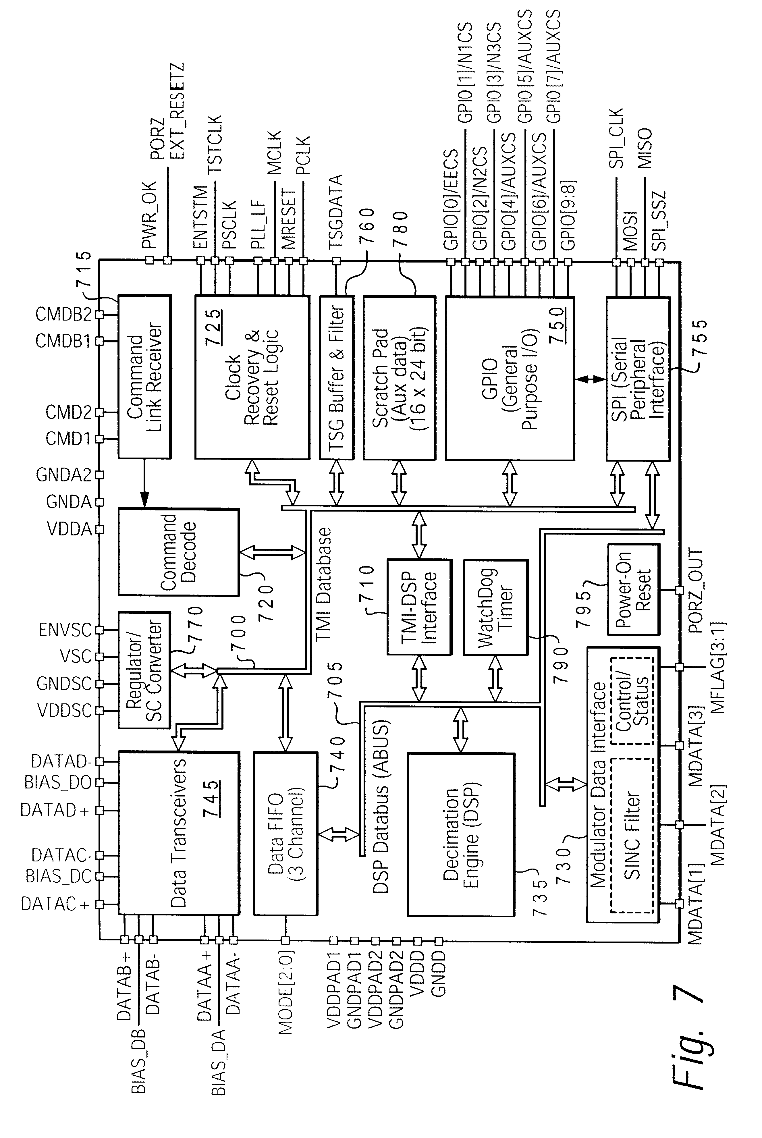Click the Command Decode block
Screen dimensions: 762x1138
[178, 552]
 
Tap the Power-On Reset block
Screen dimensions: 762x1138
[634, 589]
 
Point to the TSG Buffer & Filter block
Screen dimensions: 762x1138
[336, 377]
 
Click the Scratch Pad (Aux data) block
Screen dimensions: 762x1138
[399, 377]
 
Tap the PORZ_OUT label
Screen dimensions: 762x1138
[696, 591]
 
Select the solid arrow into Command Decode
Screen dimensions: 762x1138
[144, 483]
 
